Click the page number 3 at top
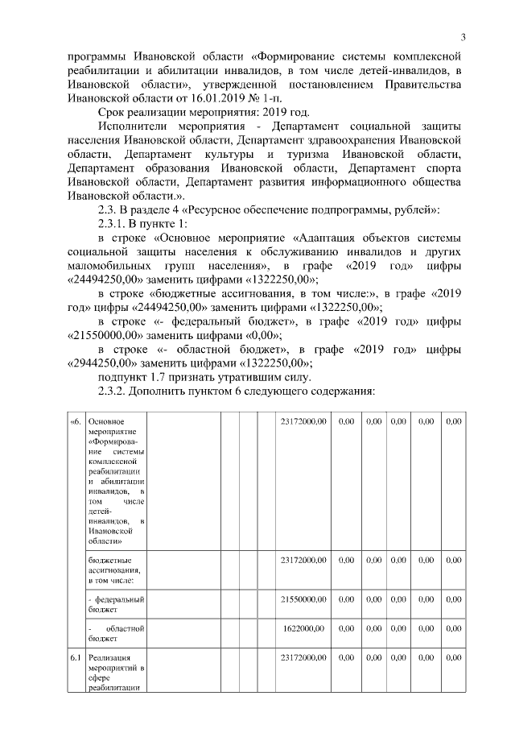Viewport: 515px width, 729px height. pos(463,36)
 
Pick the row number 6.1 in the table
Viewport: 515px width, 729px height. pos(75,658)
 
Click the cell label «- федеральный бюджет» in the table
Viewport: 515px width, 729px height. pos(116,605)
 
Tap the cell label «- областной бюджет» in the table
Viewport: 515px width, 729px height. pos(116,633)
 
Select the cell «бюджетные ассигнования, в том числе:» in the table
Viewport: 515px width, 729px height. pos(116,570)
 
